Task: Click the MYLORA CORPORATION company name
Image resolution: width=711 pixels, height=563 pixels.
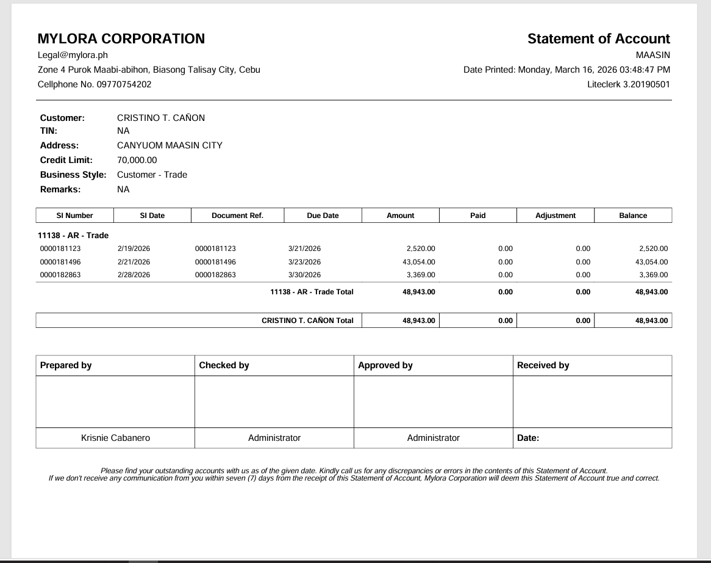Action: click(x=121, y=38)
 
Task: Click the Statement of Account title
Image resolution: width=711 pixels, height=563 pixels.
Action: click(x=598, y=38)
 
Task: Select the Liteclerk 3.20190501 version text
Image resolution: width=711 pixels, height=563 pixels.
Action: click(x=628, y=84)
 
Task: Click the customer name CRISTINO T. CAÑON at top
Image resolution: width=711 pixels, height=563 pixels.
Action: click(x=161, y=118)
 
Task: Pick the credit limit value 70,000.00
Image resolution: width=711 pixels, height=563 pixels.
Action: click(x=137, y=160)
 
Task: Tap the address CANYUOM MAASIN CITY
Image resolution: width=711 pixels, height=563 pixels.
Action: click(x=170, y=145)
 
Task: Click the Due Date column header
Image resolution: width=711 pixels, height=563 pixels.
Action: click(x=323, y=216)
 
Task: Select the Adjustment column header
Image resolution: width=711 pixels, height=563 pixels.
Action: click(x=555, y=216)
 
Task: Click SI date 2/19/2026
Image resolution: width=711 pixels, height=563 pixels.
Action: click(x=134, y=249)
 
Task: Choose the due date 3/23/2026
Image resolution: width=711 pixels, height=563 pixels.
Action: click(x=304, y=262)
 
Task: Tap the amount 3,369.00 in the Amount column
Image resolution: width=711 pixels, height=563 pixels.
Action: click(x=421, y=275)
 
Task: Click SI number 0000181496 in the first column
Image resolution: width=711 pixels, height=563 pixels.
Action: click(x=60, y=262)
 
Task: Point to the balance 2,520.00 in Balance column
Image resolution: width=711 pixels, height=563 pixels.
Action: click(x=653, y=249)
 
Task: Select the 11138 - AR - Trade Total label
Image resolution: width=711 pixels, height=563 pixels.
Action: click(x=312, y=292)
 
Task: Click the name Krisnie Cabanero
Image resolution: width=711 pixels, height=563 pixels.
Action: click(x=115, y=438)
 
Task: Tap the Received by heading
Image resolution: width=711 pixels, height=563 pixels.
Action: click(x=543, y=365)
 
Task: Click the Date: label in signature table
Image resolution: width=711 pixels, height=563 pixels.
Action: click(x=528, y=438)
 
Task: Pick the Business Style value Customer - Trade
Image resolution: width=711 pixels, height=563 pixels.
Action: click(x=152, y=175)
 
